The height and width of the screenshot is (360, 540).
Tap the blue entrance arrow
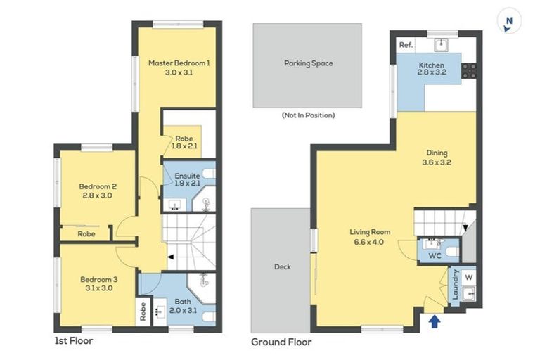coord(435,321)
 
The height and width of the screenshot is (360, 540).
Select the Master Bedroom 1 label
coord(179,67)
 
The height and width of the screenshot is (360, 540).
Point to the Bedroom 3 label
coord(98,283)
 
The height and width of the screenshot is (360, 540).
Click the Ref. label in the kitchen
coord(406,45)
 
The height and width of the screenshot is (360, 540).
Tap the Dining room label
coord(436,157)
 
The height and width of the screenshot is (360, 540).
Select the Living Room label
coord(370,236)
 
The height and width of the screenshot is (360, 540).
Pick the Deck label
coord(282,266)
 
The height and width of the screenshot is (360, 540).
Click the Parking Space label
coord(308,63)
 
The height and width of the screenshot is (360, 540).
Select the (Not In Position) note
coord(308,115)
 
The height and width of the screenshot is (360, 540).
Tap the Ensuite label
coord(188,179)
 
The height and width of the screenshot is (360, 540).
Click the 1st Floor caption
coord(73,341)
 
